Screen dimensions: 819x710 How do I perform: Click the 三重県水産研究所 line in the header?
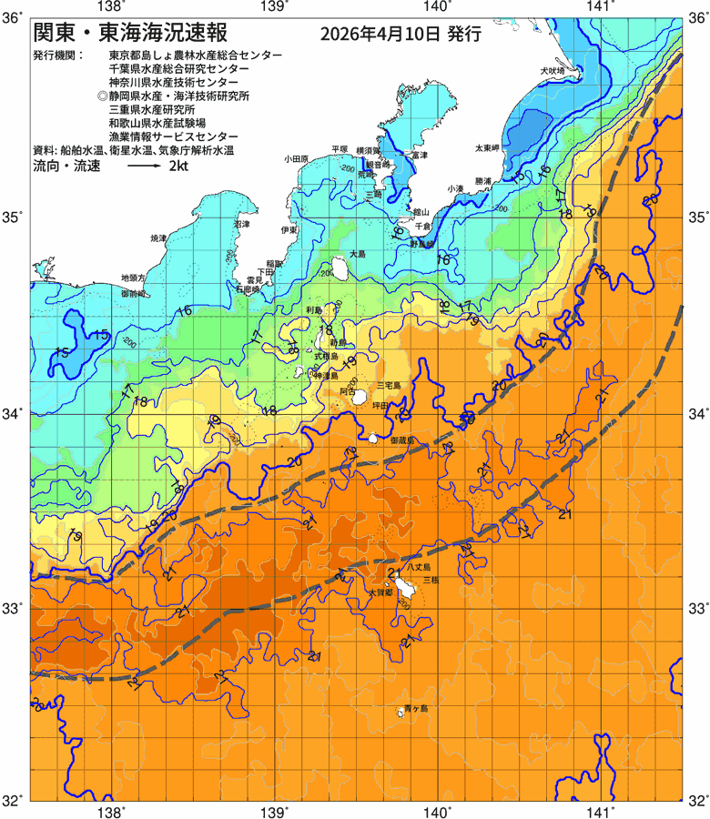pyautogui.click(x=151, y=107)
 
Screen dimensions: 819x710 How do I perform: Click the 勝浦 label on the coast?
pyautogui.click(x=482, y=182)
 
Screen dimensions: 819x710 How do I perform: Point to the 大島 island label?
pyautogui.click(x=358, y=254)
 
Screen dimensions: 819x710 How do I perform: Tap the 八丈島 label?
pyautogui.click(x=419, y=566)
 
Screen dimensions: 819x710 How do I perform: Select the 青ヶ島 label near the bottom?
pyautogui.click(x=417, y=708)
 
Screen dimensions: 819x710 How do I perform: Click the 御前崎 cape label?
pyautogui.click(x=133, y=295)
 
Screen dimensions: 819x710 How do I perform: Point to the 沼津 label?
pyautogui.click(x=241, y=224)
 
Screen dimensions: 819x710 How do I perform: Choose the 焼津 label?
pyautogui.click(x=158, y=238)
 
